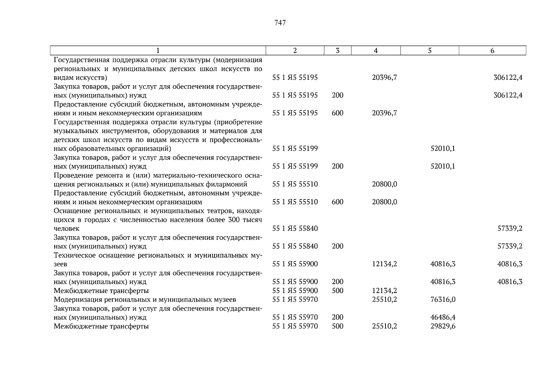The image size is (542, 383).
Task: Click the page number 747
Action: click(x=280, y=23)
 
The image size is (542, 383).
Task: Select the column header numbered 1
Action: click(x=158, y=50)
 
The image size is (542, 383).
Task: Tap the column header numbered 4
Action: click(x=376, y=50)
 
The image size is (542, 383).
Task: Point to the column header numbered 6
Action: click(x=492, y=50)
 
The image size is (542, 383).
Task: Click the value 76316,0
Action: click(x=443, y=299)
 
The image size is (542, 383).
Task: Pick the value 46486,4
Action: click(x=443, y=317)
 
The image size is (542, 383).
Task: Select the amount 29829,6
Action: click(x=443, y=326)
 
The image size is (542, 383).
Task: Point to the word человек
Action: click(x=66, y=229)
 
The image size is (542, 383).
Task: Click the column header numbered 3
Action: click(x=337, y=50)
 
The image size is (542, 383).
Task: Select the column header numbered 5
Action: click(x=430, y=50)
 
